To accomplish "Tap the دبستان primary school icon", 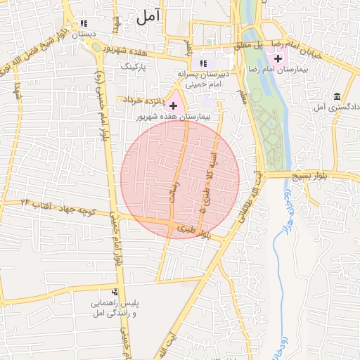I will pos(84,24).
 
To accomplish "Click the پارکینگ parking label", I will pos(136,65).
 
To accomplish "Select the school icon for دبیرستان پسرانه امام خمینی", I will pos(204,63).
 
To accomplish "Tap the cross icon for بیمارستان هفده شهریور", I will pos(174,105).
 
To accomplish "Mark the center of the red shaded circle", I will pos(180,179).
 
